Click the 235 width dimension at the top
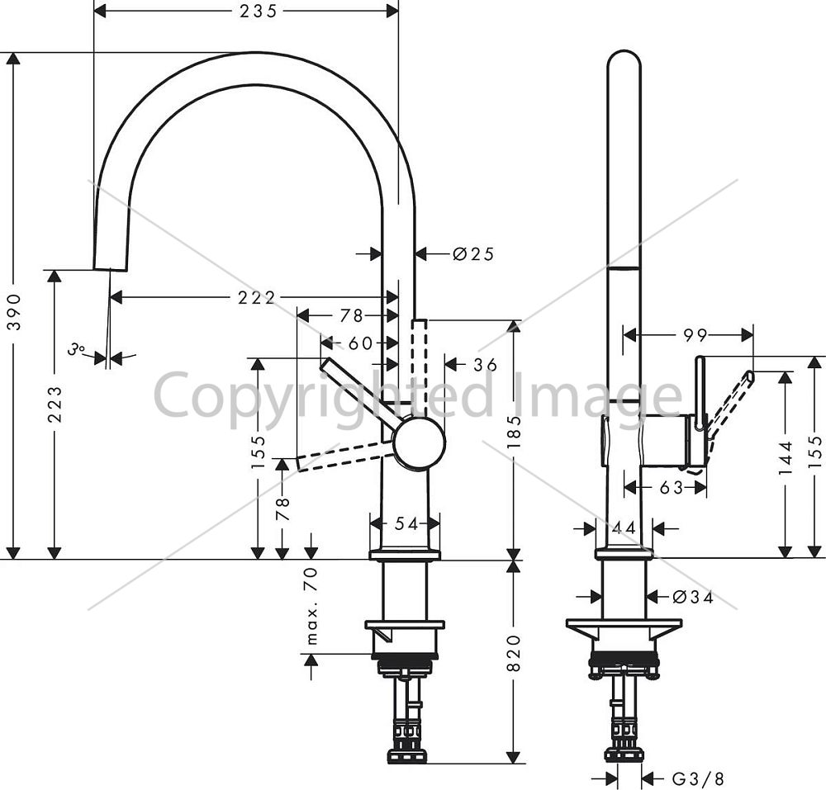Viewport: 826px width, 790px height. coord(258,11)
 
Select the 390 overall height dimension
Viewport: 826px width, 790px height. coord(15,311)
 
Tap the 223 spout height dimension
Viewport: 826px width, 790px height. coord(55,404)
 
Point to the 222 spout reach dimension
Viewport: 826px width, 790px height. coord(257,298)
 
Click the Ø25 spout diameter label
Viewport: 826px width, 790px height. coord(473,254)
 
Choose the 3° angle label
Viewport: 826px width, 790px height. coord(76,348)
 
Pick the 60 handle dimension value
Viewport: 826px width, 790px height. coord(361,343)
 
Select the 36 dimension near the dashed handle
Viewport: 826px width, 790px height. coord(485,364)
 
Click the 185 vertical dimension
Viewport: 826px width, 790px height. coord(514,432)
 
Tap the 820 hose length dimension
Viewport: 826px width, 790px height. coord(514,653)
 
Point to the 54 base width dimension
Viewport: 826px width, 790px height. coord(406,523)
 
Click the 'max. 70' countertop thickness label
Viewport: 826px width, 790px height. coord(311,606)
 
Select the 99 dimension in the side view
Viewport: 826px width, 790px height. coord(695,334)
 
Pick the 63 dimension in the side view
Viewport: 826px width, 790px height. coord(672,488)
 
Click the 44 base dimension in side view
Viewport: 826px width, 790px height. coord(624,527)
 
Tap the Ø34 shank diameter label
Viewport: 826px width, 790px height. coord(693,597)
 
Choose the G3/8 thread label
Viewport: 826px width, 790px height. coord(699,778)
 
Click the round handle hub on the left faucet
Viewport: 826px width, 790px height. coord(420,442)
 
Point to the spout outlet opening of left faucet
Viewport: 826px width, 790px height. coord(111,269)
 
